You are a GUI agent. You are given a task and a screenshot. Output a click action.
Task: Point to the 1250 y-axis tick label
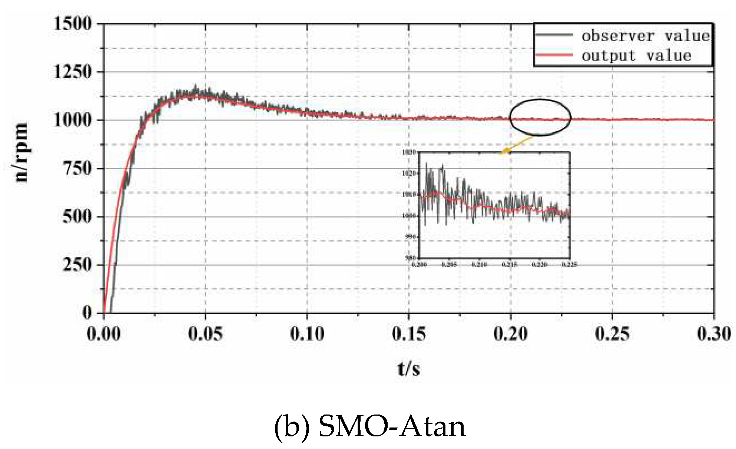(x=73, y=72)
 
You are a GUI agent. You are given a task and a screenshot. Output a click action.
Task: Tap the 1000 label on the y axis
(x=73, y=120)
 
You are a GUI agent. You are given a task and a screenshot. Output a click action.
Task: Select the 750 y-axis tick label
(x=77, y=168)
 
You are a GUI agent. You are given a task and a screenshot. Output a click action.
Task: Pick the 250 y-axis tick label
(x=77, y=265)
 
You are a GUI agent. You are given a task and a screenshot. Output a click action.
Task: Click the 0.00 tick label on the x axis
(x=103, y=334)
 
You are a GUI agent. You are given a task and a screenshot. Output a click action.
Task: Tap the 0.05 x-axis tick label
(x=205, y=334)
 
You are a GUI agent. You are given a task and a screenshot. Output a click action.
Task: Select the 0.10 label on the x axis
(x=307, y=334)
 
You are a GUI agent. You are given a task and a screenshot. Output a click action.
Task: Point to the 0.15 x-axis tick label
(x=409, y=334)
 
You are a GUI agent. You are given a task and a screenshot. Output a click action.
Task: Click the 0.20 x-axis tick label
(x=511, y=334)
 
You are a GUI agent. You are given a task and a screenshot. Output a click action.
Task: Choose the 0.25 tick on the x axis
(x=612, y=334)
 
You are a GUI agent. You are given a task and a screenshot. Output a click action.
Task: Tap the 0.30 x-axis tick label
(x=714, y=334)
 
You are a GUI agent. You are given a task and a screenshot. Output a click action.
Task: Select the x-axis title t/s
(x=409, y=369)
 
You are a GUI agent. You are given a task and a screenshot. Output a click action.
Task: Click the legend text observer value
(x=645, y=36)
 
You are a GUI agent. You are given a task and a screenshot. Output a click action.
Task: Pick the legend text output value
(x=636, y=56)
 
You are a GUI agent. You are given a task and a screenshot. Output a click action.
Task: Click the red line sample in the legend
(x=554, y=55)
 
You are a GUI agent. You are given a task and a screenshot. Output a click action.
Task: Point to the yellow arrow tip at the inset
(x=503, y=152)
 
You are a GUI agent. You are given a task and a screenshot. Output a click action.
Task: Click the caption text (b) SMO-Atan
(x=370, y=426)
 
